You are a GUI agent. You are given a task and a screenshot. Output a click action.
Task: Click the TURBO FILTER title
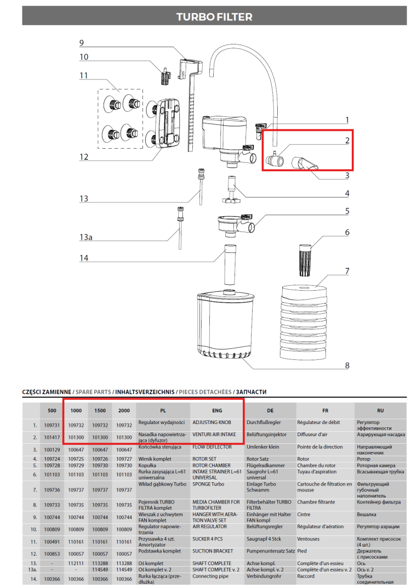pos(214,17)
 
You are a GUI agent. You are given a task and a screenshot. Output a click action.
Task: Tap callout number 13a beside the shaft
pos(85,237)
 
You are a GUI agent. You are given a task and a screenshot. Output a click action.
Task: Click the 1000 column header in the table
pos(76,410)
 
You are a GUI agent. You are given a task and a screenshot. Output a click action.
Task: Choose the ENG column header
pos(216,410)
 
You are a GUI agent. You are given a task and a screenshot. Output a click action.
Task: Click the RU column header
pos(380,410)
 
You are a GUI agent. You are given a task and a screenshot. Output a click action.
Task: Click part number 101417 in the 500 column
pos(52,437)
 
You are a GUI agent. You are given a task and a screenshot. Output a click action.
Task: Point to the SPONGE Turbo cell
pos(208,484)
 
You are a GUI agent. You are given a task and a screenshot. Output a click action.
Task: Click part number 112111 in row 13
pos(76,563)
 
